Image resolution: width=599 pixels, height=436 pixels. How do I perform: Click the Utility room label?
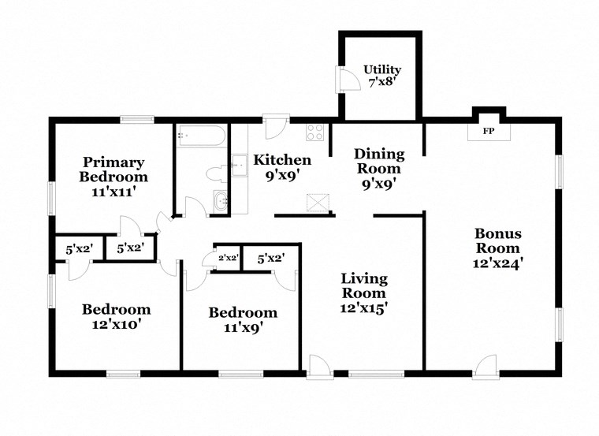pos(382,69)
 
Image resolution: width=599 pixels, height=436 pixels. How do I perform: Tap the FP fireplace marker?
pos(489,131)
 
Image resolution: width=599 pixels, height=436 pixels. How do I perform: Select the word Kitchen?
pos(281,160)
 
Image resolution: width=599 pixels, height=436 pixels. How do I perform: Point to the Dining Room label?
pos(379,161)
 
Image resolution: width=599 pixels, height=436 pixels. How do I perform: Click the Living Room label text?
pos(363,286)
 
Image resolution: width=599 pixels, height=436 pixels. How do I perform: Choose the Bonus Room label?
pos(497,241)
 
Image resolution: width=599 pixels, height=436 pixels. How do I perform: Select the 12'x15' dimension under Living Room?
pos(363,308)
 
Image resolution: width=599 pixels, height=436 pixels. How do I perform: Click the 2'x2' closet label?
pos(228,257)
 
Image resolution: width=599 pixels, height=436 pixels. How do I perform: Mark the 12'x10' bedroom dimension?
pos(116,323)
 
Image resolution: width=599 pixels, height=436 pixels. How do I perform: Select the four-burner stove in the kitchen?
pos(315,132)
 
